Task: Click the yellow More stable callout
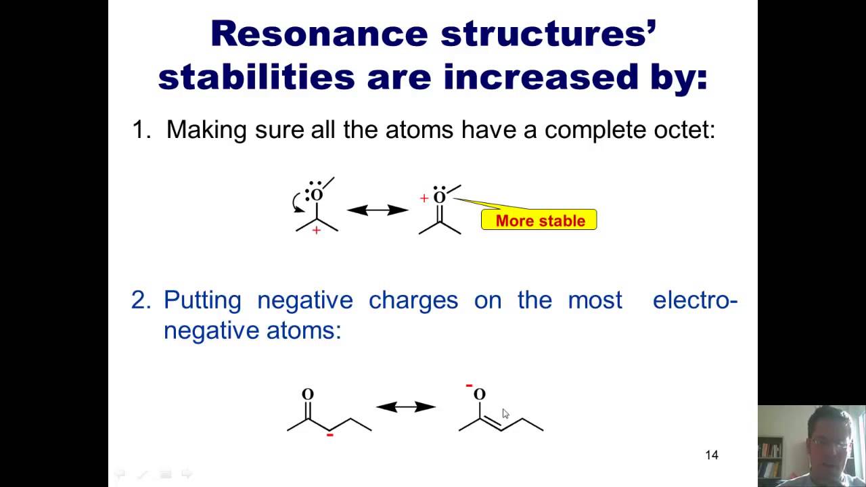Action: click(x=539, y=221)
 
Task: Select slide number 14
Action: click(x=711, y=455)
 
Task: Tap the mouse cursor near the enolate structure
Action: click(x=505, y=414)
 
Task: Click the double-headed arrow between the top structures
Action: click(x=378, y=210)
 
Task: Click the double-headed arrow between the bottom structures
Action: click(x=406, y=407)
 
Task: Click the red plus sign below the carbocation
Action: click(x=316, y=231)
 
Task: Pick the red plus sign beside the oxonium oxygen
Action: click(x=424, y=198)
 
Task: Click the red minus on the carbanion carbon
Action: click(x=329, y=435)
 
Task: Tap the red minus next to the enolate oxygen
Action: click(x=469, y=386)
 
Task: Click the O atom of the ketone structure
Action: click(x=308, y=394)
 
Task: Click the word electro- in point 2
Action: click(x=695, y=300)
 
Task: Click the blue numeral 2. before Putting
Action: click(x=141, y=300)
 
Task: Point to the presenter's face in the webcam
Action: click(x=829, y=440)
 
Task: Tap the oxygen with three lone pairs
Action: click(x=317, y=195)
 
